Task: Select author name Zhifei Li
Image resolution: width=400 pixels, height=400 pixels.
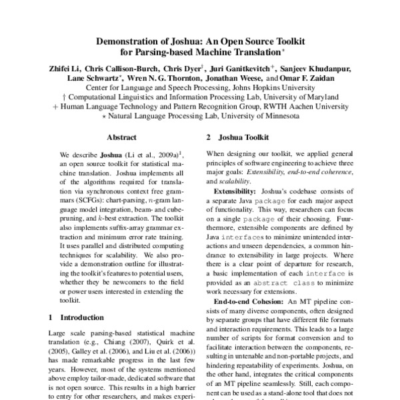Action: click(69, 67)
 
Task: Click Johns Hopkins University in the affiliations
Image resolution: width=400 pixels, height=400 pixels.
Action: click(271, 87)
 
